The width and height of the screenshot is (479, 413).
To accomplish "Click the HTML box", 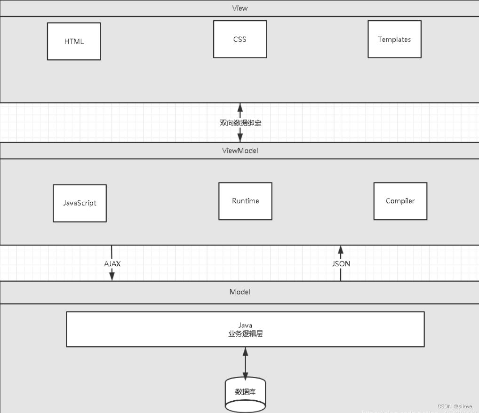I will coord(74,41).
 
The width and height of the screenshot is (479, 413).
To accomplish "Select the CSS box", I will coord(240,39).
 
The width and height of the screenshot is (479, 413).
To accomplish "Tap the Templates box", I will coord(394,39).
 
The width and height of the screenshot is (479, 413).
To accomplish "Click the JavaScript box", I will coord(80,203).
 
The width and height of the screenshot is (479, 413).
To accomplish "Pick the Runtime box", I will coord(245,201).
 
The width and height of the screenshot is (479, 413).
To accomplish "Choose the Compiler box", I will coord(400,201).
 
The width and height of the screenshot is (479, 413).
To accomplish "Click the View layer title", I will coord(239,8).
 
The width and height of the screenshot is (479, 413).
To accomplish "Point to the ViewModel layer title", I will coord(239,151).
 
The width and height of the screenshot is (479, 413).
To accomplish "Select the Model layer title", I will coord(239,292).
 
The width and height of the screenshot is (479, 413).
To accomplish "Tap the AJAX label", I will coord(112,263).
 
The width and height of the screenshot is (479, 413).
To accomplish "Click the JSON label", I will coord(341,263).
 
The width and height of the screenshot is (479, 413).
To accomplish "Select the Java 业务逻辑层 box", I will coord(245,329).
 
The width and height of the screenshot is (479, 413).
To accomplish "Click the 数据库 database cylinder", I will coord(245,393).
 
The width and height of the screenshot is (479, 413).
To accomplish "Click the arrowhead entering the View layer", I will coord(240,107).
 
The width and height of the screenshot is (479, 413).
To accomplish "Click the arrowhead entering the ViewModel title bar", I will coord(240,138).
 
